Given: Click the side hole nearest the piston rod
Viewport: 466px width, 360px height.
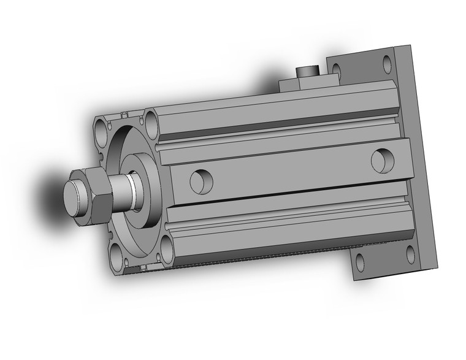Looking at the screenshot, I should [x=201, y=180].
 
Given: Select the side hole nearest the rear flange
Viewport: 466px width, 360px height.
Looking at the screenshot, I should [x=381, y=160].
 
